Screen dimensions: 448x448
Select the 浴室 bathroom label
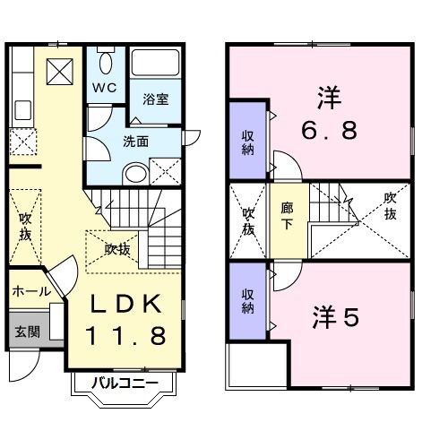click(x=156, y=99)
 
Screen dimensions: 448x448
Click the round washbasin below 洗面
click(x=134, y=173)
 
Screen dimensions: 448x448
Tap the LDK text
click(x=124, y=304)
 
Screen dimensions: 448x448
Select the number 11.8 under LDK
click(x=125, y=336)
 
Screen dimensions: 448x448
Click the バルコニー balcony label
click(x=127, y=384)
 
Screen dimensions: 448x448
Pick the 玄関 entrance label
click(x=25, y=331)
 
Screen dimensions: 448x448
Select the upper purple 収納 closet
click(x=248, y=142)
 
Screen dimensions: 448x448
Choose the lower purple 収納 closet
click(x=248, y=301)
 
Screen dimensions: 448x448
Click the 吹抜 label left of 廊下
click(x=248, y=220)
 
